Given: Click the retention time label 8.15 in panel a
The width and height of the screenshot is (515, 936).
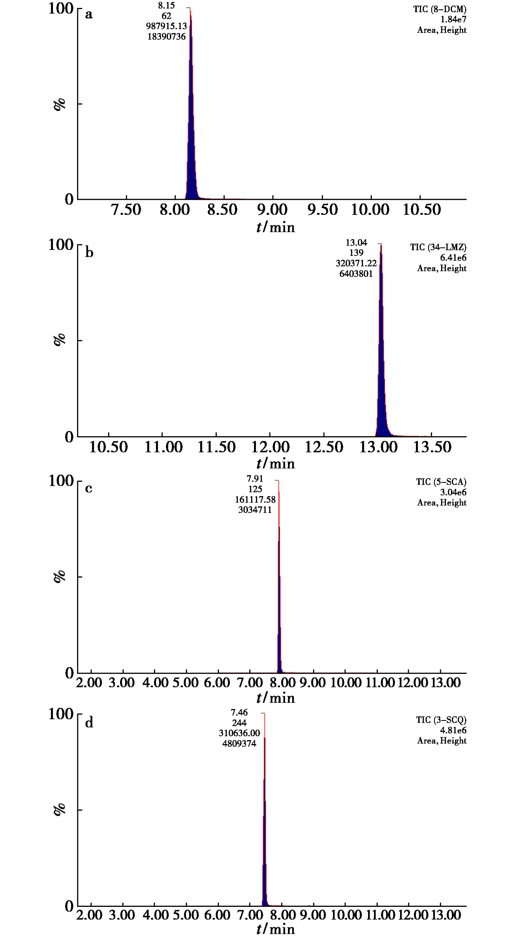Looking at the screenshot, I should coord(166,6).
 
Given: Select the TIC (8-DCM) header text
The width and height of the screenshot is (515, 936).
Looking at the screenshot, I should coord(439,9).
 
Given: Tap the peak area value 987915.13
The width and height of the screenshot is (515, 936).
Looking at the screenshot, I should coord(166,26).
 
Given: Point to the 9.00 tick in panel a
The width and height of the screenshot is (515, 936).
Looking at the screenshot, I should coord(272,210).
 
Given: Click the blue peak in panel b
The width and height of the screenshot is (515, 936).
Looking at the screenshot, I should coord(381,363).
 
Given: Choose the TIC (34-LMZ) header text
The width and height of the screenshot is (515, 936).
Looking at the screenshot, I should coord(438,247).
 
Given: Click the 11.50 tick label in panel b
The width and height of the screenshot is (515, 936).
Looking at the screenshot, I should coord(216,447).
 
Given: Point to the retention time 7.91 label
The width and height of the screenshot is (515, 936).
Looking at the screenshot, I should coord(255,479).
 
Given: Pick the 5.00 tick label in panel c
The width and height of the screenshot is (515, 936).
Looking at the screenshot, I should coord(186,682).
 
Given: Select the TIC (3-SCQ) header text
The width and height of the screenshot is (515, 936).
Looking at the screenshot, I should coord(441,720).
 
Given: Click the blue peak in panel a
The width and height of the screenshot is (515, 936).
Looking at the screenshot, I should coord(191,127).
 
